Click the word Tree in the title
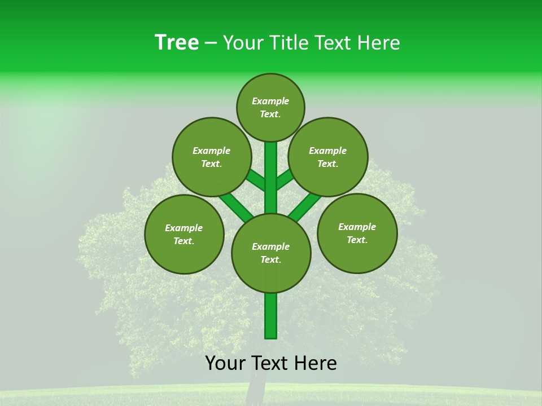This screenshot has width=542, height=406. tap(177, 42)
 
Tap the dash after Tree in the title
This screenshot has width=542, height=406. tap(211, 43)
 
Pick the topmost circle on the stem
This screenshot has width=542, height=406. tap(270, 107)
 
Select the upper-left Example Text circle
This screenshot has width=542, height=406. tap(212, 157)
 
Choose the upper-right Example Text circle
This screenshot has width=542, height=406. tap(328, 157)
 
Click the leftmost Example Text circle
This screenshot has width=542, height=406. tap(184, 234)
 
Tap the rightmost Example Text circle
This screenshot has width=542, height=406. tap(357, 233)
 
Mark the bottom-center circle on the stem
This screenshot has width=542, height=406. tap(271, 253)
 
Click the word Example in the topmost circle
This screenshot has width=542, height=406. tap(270, 101)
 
